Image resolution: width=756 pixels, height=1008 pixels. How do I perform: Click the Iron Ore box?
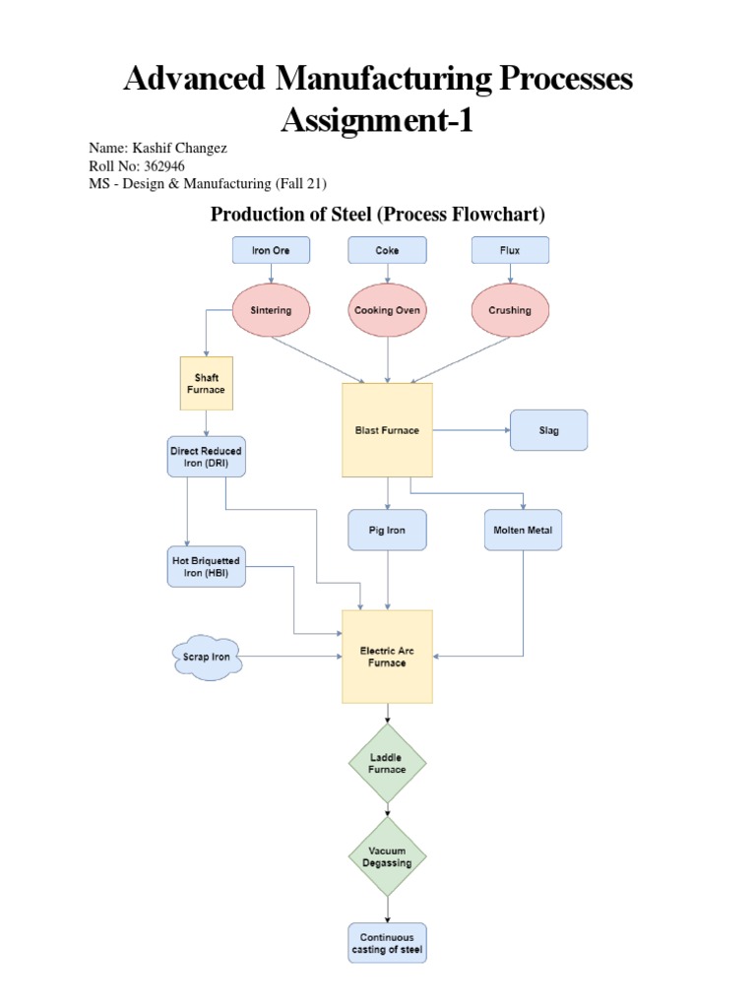271,250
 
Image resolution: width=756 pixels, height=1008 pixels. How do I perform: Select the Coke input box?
387,250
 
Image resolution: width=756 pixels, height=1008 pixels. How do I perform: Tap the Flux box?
510,250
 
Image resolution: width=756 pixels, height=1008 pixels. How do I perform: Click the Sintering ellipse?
271,310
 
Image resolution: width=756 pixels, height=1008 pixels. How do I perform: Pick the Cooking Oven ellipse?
387,310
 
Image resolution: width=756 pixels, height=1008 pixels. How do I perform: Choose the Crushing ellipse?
510,310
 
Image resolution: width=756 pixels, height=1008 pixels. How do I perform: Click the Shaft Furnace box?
207,383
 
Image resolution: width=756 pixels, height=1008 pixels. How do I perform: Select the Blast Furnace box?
387,430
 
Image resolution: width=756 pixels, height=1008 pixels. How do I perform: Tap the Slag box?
548,430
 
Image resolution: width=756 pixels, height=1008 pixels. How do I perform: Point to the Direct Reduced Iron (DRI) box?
206,457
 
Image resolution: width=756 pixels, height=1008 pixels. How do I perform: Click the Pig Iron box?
387,530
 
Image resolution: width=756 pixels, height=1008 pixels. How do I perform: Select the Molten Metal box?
523,530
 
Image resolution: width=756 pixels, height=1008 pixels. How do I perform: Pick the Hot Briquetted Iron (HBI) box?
206,567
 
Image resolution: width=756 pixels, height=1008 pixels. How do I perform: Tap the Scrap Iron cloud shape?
207,657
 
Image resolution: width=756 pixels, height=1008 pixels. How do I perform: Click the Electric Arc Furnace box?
387,657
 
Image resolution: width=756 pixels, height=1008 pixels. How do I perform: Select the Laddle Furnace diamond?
387,763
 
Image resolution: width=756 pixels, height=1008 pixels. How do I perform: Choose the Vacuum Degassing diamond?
387,856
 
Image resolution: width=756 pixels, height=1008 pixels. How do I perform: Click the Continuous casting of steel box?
387,943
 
